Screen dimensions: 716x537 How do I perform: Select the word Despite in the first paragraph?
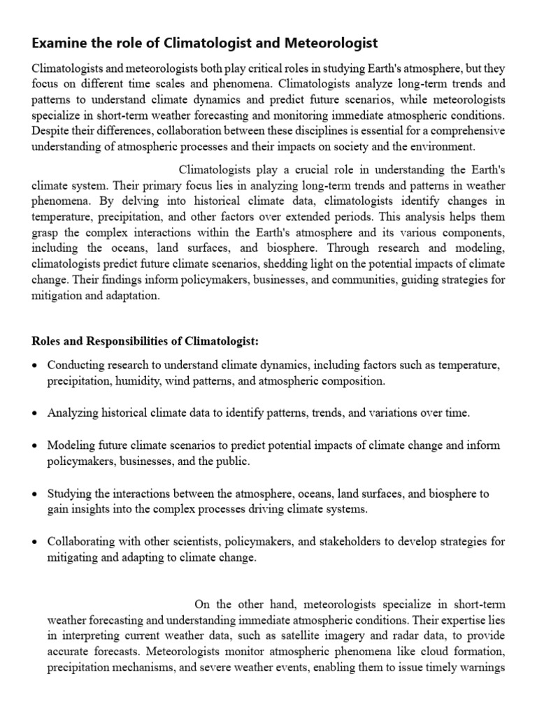pos(50,131)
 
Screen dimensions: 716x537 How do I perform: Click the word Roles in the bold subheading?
pos(47,341)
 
